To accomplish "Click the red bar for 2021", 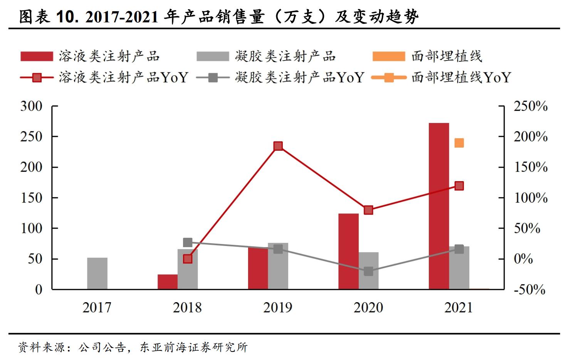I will [439, 206].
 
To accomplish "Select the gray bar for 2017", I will [97, 273].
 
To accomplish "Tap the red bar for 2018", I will [168, 282].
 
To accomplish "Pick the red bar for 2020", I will [348, 251].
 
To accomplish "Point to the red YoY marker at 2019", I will [278, 146].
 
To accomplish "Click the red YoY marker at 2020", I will [369, 210].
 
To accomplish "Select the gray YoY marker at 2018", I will [188, 242].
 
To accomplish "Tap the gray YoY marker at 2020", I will [369, 271].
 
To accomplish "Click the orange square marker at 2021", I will [459, 143].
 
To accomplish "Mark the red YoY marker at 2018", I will [188, 259].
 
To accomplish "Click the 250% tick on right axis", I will [530, 106].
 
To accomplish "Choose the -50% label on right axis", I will [529, 289].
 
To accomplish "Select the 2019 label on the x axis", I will [278, 308].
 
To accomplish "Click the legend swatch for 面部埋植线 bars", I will [389, 57].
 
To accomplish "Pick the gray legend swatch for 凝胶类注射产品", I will [212, 57].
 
